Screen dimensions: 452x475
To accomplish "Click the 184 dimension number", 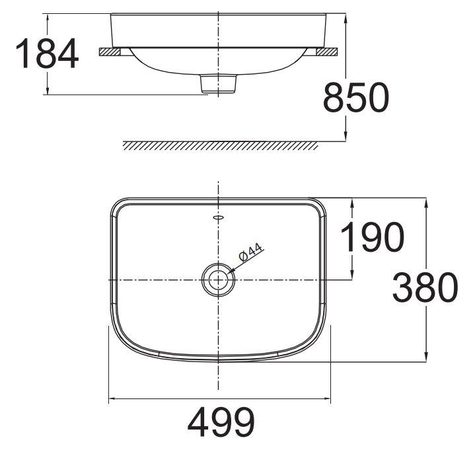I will click(46, 54).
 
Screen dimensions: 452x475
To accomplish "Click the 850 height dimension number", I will click(355, 98).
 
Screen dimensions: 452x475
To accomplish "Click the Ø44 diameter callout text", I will click(252, 254).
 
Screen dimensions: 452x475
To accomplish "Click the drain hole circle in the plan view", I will click(217, 278).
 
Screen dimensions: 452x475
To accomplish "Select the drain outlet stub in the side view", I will click(218, 84).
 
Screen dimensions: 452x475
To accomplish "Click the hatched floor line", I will click(220, 145).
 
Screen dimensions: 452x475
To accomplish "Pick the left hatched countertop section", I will click(109, 52).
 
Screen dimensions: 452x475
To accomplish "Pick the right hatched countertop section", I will click(327, 52).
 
